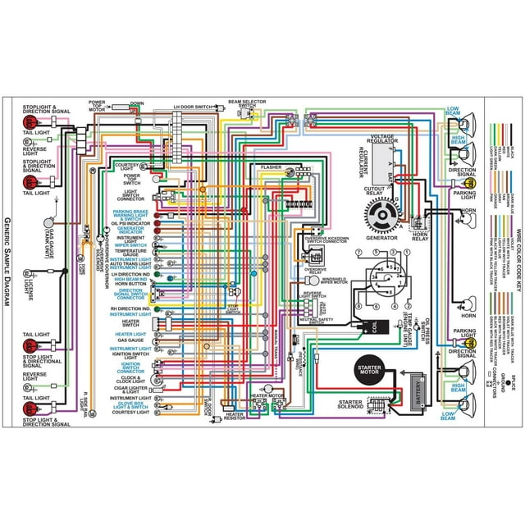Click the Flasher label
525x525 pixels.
click(x=271, y=167)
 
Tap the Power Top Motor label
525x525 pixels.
click(x=102, y=107)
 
